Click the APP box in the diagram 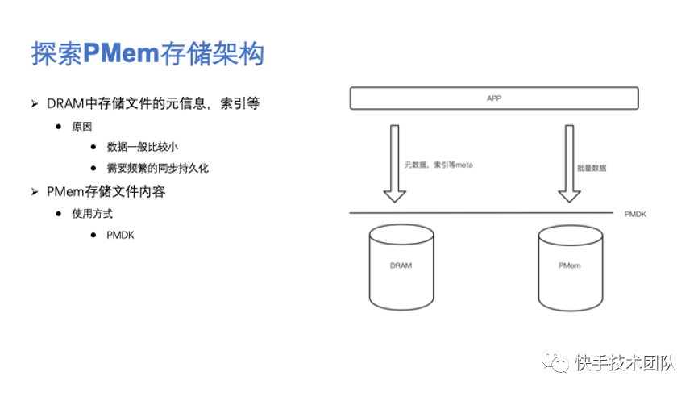coord(493,98)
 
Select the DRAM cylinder coord(401,266)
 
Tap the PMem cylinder coord(570,266)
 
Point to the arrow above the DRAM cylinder coord(394,163)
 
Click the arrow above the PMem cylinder coord(569,163)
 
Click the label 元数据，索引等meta coord(438,165)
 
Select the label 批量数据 coord(592,169)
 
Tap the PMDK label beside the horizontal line coord(636,214)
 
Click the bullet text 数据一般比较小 coord(142,147)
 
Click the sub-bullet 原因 coord(82,127)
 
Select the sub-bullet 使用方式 coord(92,214)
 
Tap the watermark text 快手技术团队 coord(625,363)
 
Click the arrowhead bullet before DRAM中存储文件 coord(35,104)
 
